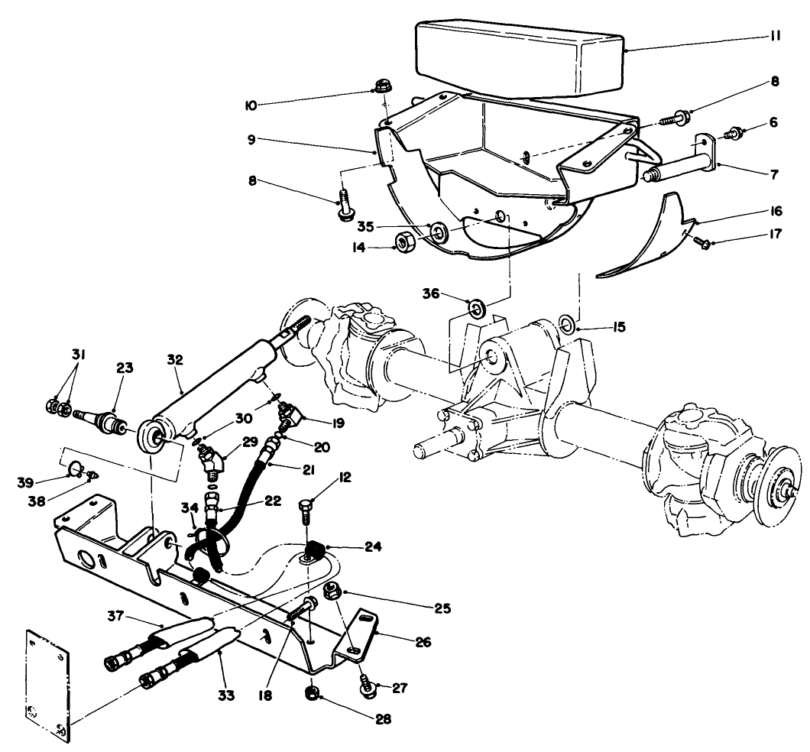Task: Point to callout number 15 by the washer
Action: tap(617, 327)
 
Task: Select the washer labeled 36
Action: tap(475, 310)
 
